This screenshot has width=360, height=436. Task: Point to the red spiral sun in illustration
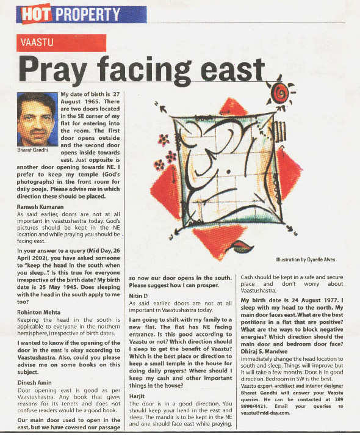(281, 92)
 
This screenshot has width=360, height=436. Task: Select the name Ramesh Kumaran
(43, 207)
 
